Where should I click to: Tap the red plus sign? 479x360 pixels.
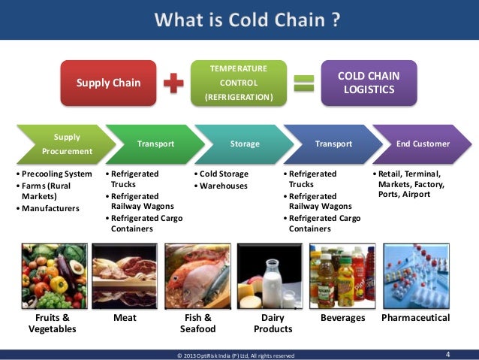pos(174,83)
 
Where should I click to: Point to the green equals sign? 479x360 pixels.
pos(304,83)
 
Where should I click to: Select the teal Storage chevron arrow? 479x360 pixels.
pos(244,144)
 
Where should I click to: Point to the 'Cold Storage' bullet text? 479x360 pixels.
pos(224,174)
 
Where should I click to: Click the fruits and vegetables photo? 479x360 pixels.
pos(52,275)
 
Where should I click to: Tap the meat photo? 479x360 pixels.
pos(124,275)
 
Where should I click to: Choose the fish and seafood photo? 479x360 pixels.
pos(197,275)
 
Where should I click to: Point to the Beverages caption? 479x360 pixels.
pos(342,318)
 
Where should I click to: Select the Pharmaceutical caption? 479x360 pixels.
pos(415,318)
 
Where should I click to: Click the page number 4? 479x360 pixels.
pos(448,354)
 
